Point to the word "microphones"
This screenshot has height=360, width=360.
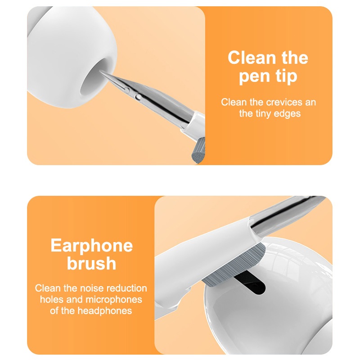(114, 300)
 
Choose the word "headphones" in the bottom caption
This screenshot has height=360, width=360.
(105, 311)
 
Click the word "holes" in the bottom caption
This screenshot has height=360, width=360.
(52, 300)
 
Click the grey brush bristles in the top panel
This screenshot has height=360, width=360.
(198, 151)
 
